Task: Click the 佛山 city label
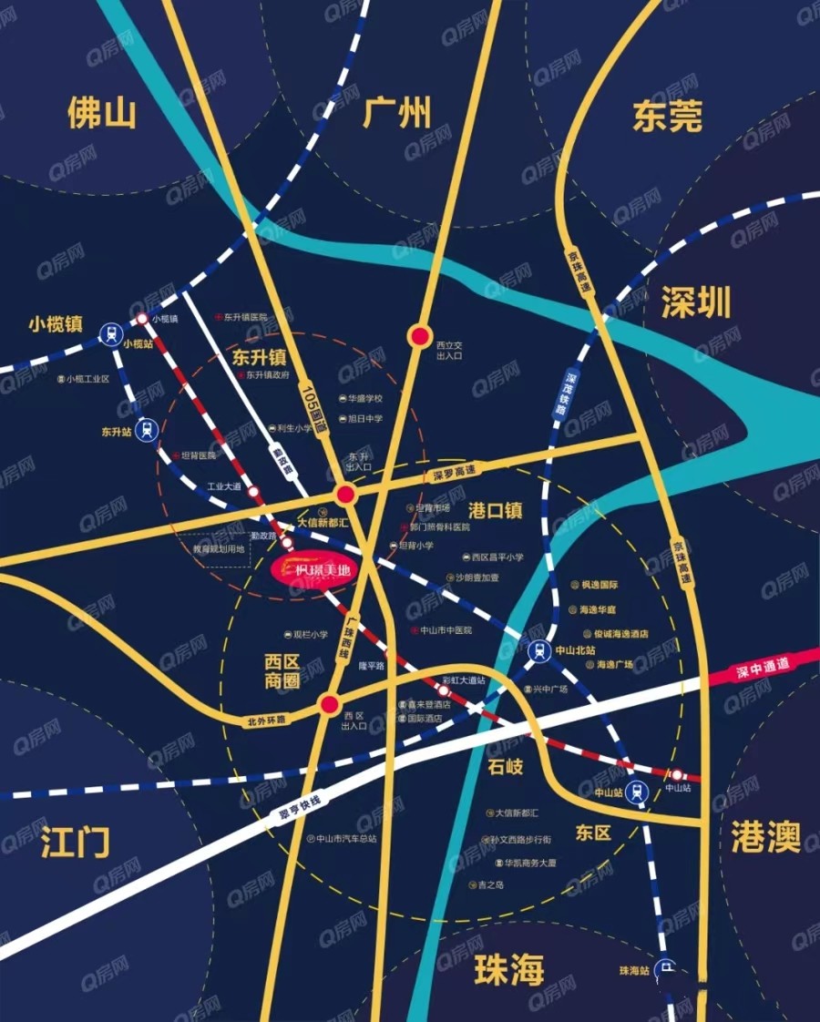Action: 101,114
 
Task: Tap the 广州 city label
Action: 396,114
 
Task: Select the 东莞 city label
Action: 668,117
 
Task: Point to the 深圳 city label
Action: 696,304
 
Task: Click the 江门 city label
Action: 76,843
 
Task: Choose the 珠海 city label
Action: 508,971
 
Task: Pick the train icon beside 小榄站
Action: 111,333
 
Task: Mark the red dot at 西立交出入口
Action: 419,337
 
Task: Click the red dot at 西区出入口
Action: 330,703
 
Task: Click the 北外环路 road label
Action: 266,720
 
